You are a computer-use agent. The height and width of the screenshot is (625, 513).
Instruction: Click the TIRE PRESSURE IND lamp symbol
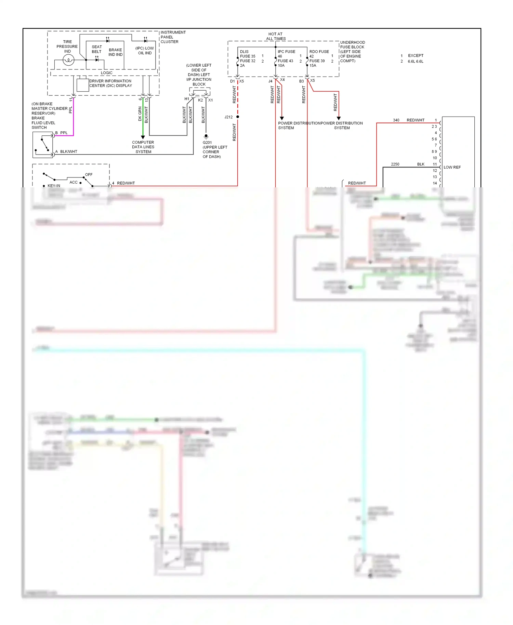(68, 60)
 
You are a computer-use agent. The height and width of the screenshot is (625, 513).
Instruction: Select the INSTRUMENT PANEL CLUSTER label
(173, 37)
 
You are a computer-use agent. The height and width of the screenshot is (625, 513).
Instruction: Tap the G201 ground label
(207, 143)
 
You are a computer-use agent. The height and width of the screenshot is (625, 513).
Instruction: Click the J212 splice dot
(238, 117)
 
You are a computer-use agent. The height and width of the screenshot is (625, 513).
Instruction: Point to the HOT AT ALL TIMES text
(275, 36)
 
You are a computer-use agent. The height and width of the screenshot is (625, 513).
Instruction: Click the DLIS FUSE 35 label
(247, 54)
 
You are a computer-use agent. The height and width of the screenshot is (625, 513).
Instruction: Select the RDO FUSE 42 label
(319, 54)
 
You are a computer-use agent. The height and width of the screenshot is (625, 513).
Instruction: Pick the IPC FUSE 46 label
(286, 54)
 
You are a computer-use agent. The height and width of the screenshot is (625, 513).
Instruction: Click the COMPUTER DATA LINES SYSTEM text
(143, 147)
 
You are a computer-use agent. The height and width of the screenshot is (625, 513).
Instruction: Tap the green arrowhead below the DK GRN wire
(143, 137)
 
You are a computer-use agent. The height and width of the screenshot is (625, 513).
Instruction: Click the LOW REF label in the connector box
(452, 167)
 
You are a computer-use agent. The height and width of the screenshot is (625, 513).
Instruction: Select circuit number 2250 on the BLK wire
(395, 164)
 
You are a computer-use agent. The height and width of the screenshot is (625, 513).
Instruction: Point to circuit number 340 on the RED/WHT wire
(396, 120)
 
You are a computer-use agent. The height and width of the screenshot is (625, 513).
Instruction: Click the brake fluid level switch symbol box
(43, 145)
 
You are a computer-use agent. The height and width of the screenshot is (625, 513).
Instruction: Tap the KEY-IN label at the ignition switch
(54, 186)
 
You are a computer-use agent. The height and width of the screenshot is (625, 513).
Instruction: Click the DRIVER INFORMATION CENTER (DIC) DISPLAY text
(110, 83)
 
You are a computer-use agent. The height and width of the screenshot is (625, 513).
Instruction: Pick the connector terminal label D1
(233, 81)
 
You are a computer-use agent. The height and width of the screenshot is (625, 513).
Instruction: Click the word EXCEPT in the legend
(416, 55)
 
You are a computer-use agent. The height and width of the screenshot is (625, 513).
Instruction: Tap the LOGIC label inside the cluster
(106, 73)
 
